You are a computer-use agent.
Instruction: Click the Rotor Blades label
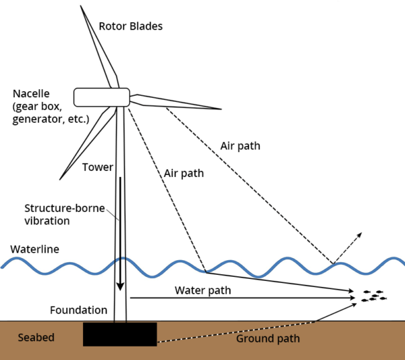pos(131,26)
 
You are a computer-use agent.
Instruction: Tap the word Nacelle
pos(32,94)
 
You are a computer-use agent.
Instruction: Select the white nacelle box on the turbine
pos(101,97)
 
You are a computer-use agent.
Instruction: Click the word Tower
pos(97,167)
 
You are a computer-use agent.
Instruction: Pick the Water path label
pos(202,290)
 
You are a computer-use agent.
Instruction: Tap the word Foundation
pos(78,310)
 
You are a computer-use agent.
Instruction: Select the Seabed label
pos(34,337)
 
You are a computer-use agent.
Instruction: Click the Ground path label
pos(267,338)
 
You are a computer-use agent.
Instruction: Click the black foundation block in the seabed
pos(119,334)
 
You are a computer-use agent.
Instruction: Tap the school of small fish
pos(373,295)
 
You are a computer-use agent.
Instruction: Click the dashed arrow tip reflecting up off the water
pos(360,233)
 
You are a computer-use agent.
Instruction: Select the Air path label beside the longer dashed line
pos(240,145)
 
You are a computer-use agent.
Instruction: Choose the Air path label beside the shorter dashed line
pos(184,173)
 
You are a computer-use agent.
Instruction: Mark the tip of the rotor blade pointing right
pos(220,109)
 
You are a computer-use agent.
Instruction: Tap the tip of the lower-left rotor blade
pos(61,178)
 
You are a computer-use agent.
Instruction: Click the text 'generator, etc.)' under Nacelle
pos(51,119)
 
